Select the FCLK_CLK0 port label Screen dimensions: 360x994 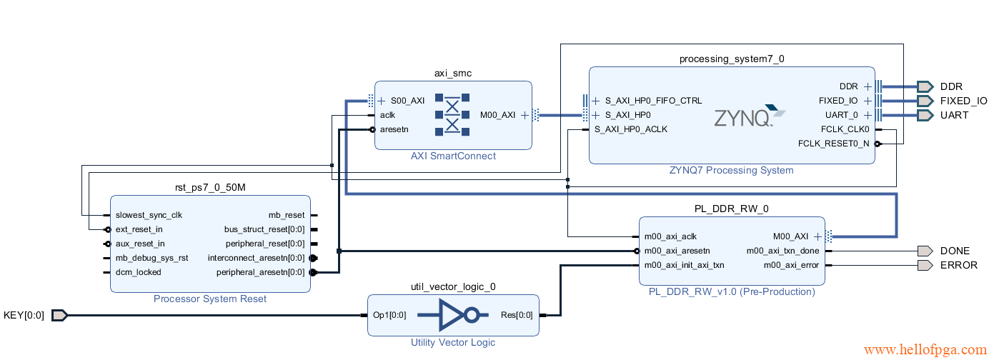point(845,129)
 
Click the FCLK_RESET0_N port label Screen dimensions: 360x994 point(834,144)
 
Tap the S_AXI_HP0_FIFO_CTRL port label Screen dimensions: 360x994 point(653,101)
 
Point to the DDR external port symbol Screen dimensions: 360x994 point(925,86)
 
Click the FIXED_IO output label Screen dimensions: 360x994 point(963,101)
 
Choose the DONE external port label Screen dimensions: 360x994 point(955,251)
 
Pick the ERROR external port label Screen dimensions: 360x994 point(958,265)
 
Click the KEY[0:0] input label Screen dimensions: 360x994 point(24,315)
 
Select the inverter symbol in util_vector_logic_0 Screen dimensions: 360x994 point(453,315)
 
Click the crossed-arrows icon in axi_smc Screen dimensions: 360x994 point(452,115)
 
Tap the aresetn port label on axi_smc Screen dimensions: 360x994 point(394,129)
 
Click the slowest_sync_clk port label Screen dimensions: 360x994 point(149,215)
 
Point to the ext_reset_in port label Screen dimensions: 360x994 point(139,229)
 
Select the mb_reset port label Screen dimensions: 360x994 point(286,215)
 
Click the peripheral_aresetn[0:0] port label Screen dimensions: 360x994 point(260,272)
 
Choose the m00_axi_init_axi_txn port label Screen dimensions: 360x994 point(684,265)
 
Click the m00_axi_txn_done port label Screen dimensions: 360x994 point(782,251)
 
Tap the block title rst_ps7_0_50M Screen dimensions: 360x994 point(209,187)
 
